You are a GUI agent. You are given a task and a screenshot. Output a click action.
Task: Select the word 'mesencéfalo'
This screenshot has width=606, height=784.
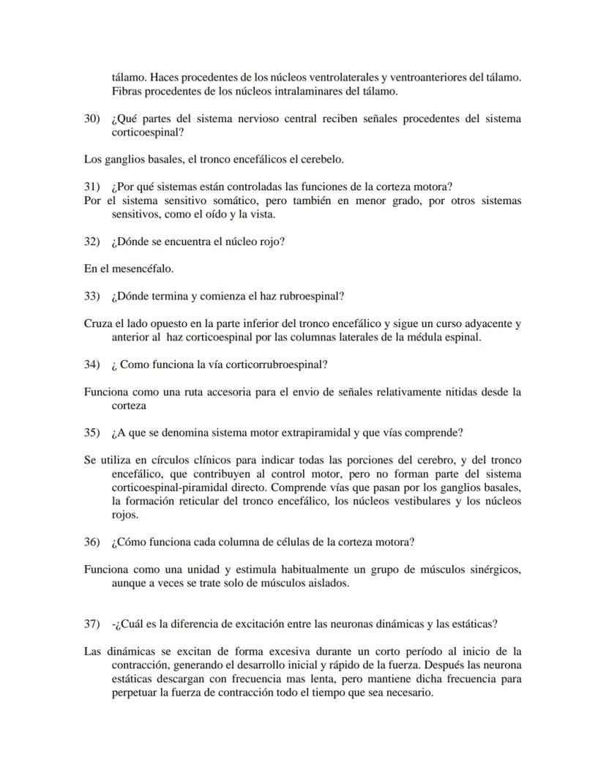tap(143, 269)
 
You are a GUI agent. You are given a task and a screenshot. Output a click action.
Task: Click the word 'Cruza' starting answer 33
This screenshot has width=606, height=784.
tap(98, 324)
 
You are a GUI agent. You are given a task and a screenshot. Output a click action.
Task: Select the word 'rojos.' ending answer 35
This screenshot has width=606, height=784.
tap(124, 515)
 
